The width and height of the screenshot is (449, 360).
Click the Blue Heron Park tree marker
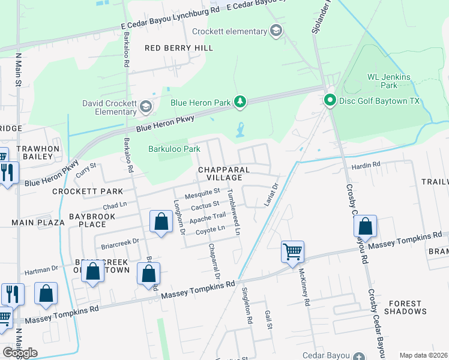point(240,102)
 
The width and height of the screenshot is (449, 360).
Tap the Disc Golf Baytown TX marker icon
point(330,100)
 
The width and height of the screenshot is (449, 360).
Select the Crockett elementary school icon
point(276,31)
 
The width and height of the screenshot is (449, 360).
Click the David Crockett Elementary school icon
point(145,107)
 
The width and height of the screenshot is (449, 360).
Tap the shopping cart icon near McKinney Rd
point(292,251)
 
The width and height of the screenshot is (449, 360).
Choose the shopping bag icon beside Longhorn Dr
point(161,223)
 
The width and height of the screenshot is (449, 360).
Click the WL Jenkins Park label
point(388,82)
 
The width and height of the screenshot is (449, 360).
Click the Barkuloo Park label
point(174,149)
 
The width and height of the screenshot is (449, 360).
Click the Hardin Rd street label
point(366,164)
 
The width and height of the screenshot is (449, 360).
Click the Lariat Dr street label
point(272,196)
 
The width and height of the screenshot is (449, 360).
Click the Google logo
point(20,353)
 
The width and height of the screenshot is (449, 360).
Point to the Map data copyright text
point(423,355)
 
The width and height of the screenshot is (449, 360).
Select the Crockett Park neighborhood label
point(87,191)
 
